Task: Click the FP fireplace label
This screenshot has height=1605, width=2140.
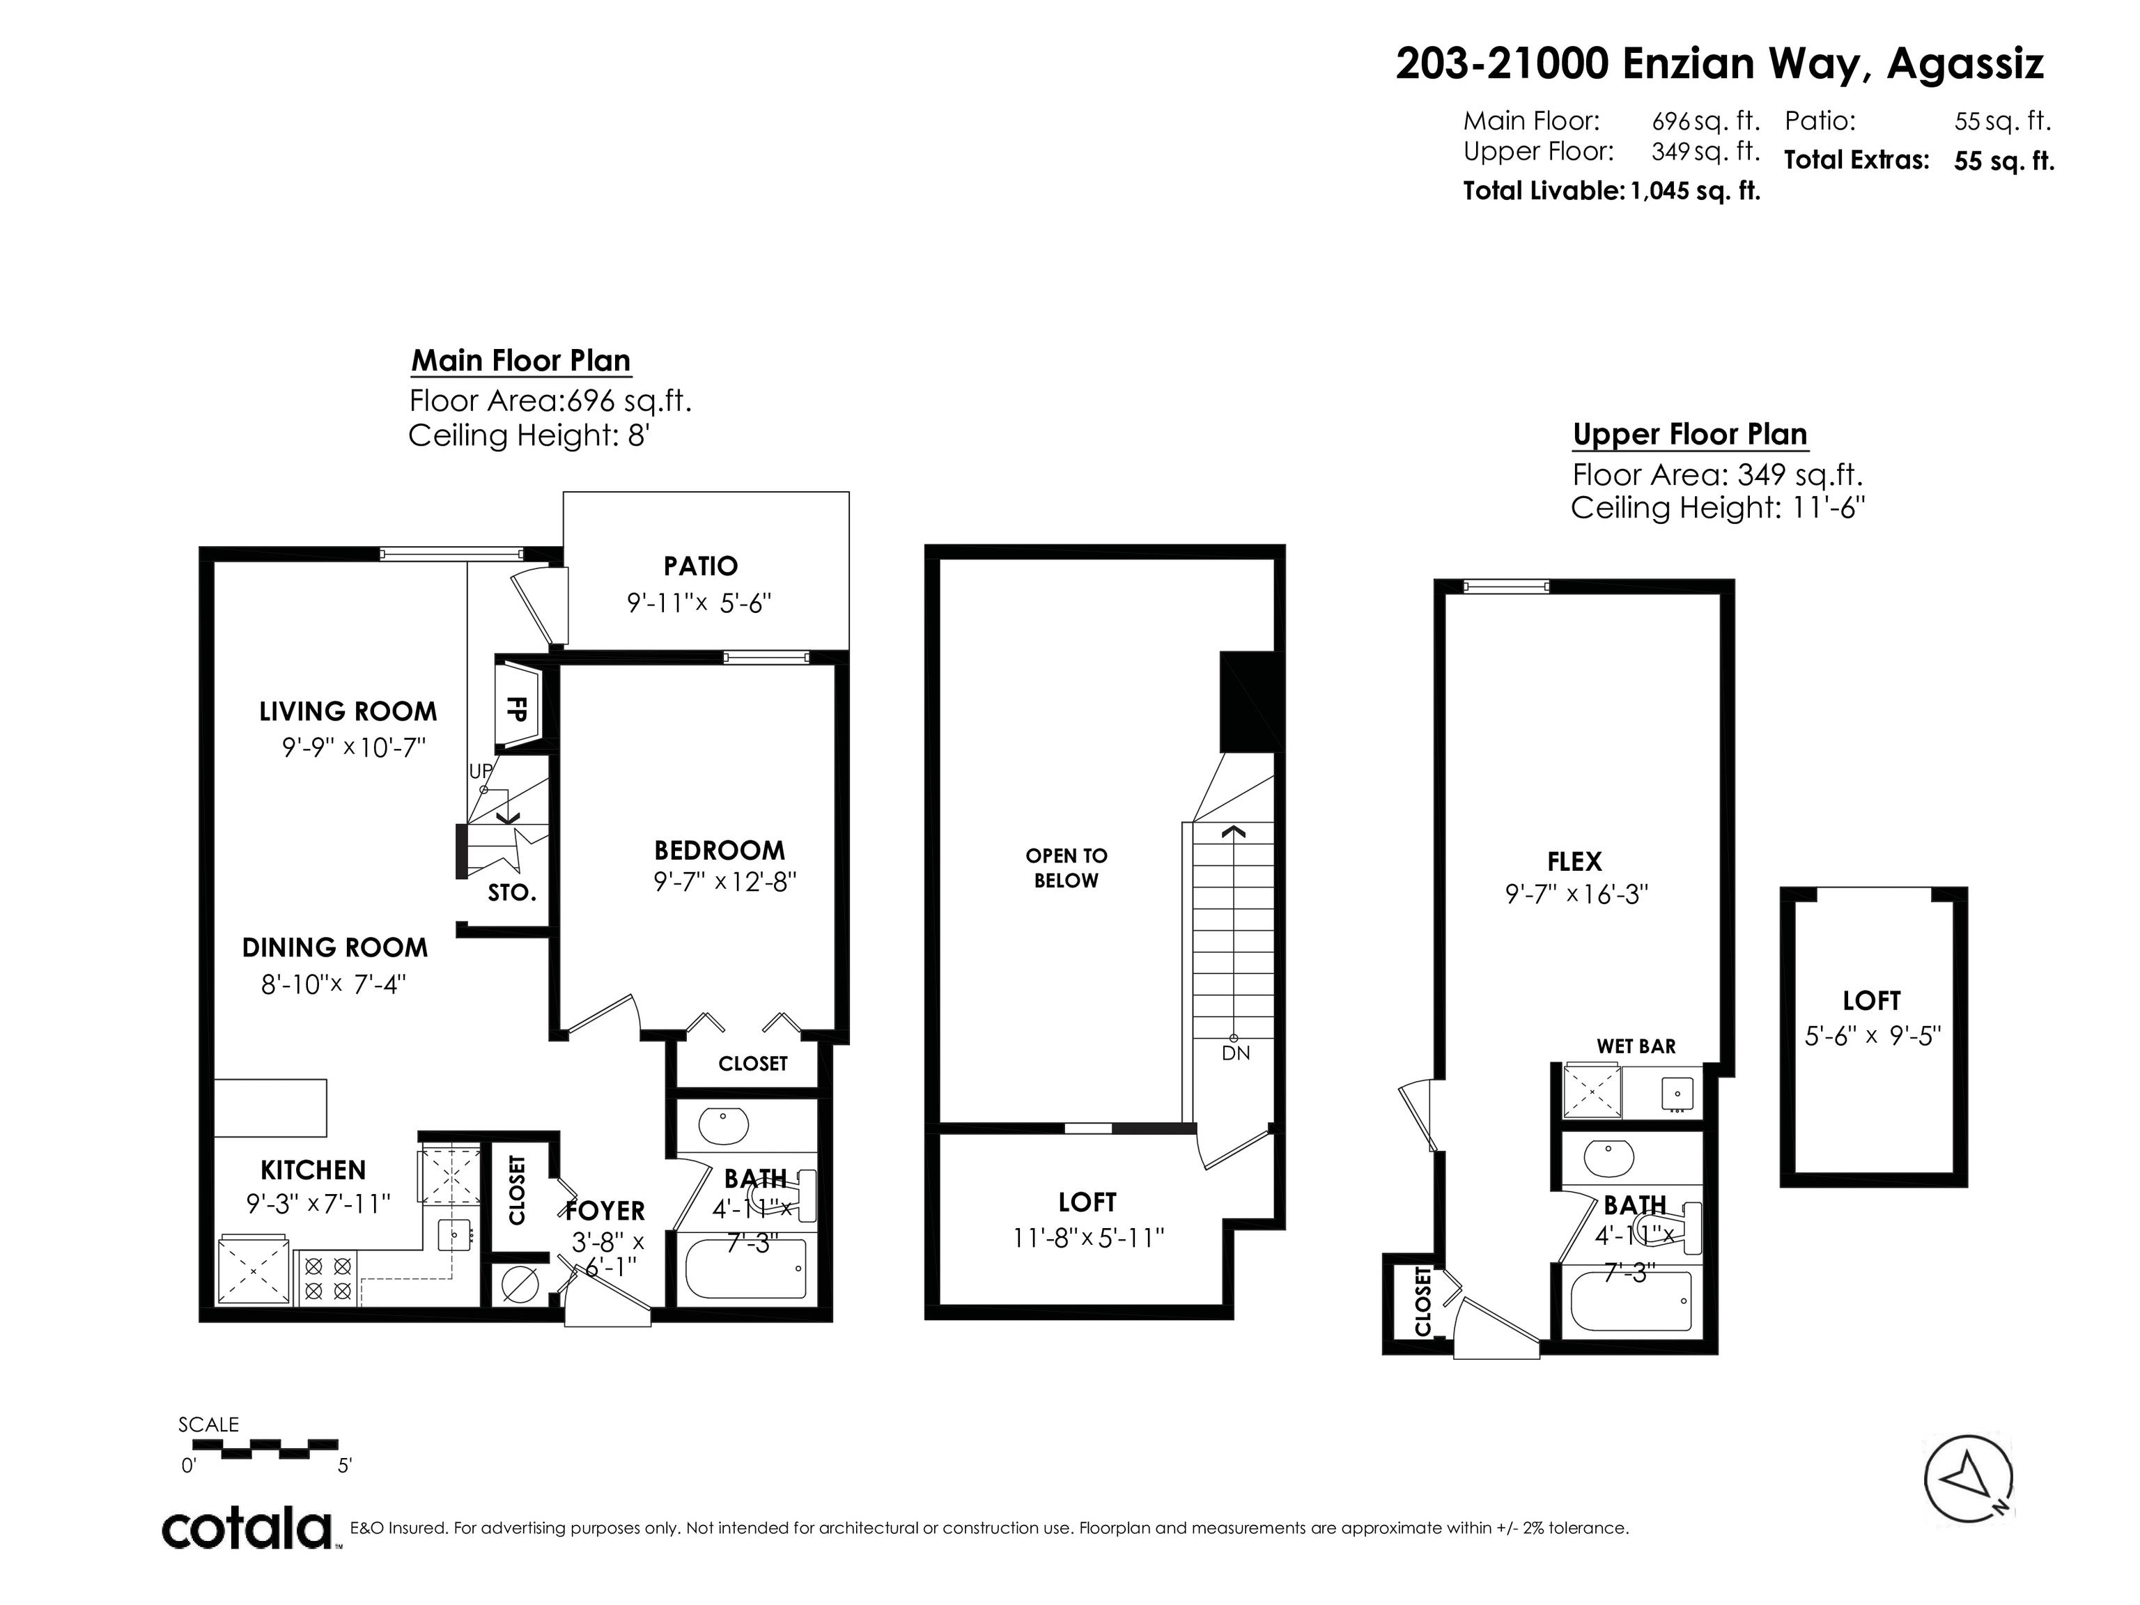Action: tap(517, 709)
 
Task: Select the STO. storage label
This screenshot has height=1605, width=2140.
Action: tap(512, 893)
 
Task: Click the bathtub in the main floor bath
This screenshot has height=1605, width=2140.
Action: tap(745, 1269)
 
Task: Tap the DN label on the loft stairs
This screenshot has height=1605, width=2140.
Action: tap(1235, 1053)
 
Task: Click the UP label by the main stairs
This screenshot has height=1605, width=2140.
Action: tap(481, 771)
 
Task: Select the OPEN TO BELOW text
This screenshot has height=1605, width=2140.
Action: tap(1066, 868)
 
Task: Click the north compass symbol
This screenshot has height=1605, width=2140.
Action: tap(1968, 1480)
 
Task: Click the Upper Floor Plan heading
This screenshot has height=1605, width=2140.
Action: tap(1689, 435)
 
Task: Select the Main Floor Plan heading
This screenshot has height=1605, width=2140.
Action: tap(520, 361)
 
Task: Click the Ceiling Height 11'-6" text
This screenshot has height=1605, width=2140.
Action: tap(1717, 508)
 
